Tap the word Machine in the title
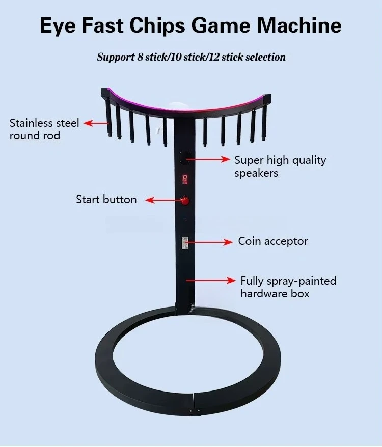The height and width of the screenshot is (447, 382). coord(302,25)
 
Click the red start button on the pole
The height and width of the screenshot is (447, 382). coord(185,200)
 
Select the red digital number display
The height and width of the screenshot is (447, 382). coord(185,179)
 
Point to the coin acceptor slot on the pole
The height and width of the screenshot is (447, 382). coord(186,243)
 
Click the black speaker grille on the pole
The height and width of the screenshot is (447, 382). coord(185,159)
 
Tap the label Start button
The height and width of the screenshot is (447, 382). coord(106,200)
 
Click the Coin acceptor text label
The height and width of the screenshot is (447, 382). coord(273,241)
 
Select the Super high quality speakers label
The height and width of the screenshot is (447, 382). coord(280,166)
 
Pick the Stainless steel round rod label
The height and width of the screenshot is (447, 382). coord(44,129)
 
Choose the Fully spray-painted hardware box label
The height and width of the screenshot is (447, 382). coord(288,287)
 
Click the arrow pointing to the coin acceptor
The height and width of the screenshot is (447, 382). coord(209,241)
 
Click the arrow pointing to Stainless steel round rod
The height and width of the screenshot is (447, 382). coord(96,123)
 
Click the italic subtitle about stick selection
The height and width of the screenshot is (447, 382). coord(191,57)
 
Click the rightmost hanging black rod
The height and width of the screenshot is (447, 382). coord(264,120)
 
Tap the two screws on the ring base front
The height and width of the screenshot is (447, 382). coord(194,411)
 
